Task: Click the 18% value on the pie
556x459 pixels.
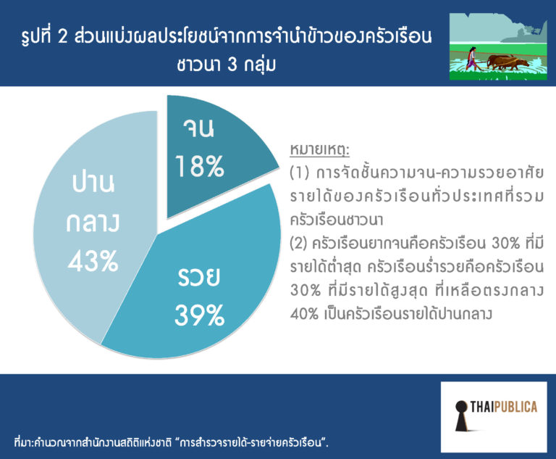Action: [x=200, y=166]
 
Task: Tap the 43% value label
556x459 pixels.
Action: [x=93, y=261]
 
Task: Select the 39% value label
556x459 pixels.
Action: [x=200, y=315]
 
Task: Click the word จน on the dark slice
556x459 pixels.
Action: [x=198, y=128]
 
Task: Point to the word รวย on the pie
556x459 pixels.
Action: [x=198, y=277]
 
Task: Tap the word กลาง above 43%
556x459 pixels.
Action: [x=93, y=223]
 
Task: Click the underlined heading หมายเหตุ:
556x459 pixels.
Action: [x=320, y=149]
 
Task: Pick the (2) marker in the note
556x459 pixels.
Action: [x=298, y=244]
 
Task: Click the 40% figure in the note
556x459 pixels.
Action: [x=304, y=314]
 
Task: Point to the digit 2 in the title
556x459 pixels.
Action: [x=62, y=36]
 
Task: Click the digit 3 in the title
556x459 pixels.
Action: [x=232, y=65]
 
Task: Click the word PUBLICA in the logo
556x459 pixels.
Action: [x=515, y=407]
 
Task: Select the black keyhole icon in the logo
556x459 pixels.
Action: [x=461, y=415]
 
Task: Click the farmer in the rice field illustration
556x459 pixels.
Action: [x=471, y=59]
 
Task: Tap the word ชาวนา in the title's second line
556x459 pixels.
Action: [x=199, y=65]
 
